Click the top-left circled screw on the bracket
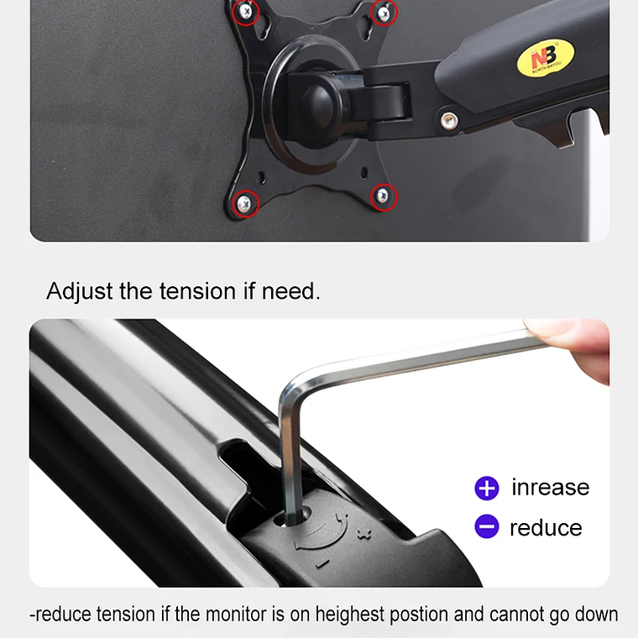[x=245, y=12]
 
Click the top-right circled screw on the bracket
[x=384, y=14]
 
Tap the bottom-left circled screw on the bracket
[x=244, y=203]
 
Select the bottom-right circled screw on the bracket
[x=383, y=196]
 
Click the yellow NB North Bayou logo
[x=546, y=58]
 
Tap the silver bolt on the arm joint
[x=449, y=121]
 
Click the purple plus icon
[x=487, y=488]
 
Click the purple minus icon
[x=487, y=526]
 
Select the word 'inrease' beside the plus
[x=550, y=487]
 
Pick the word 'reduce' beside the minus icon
[x=546, y=528]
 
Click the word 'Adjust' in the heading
[x=80, y=291]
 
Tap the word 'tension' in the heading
[x=198, y=291]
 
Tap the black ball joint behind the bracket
[x=319, y=102]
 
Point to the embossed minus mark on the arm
[x=322, y=563]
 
